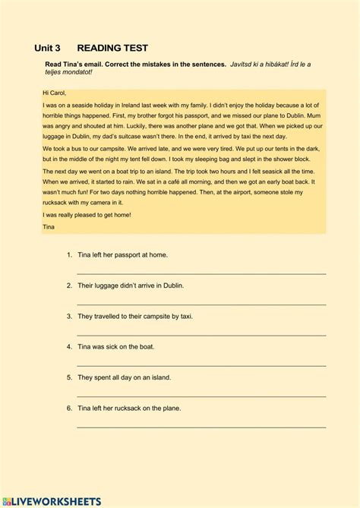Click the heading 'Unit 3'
[47, 47]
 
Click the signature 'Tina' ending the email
[49, 226]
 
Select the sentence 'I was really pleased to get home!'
[87, 215]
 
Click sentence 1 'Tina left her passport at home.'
[122, 254]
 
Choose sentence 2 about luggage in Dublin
[130, 286]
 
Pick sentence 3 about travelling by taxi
[134, 316]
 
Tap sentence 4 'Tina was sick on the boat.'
[115, 346]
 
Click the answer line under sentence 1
[201, 273]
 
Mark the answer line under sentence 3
[201, 333]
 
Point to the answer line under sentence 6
[201, 426]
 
